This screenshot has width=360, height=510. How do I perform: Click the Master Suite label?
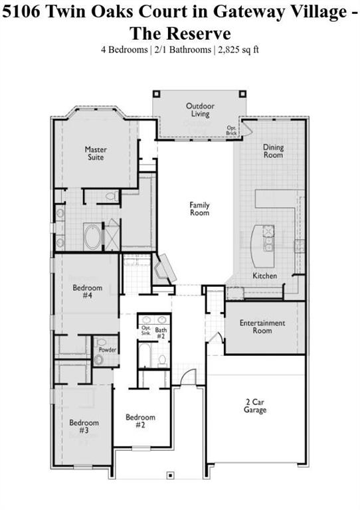(x=96, y=153)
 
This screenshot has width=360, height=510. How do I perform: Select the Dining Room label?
(x=273, y=151)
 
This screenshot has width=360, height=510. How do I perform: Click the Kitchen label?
(x=264, y=276)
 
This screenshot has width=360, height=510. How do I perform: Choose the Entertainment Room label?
(x=262, y=327)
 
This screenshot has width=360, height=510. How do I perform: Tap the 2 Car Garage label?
(x=255, y=406)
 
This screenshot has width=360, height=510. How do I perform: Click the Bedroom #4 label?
(x=87, y=292)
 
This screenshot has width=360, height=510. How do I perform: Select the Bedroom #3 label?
(x=84, y=426)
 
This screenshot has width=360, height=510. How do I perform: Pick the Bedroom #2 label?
(x=141, y=421)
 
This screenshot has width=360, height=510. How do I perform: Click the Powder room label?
(x=108, y=349)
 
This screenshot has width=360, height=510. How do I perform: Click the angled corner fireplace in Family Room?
(x=163, y=270)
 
